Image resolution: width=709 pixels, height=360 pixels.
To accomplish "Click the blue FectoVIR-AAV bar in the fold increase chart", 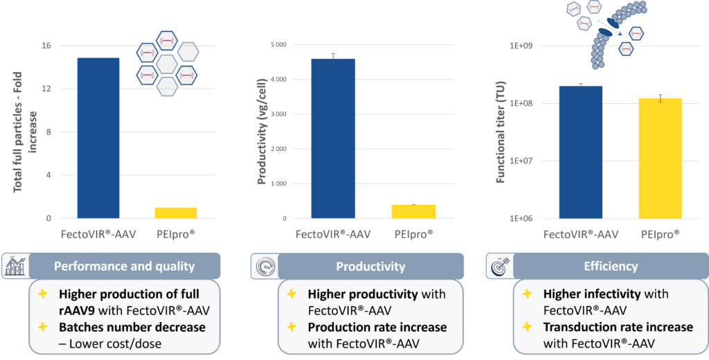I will [x=98, y=138].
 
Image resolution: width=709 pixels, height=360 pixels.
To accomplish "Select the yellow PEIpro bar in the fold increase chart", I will [x=174, y=213].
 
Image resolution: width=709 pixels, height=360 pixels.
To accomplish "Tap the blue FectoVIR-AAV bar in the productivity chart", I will [x=333, y=138].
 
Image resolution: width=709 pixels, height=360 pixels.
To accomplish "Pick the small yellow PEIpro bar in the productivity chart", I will [x=413, y=211].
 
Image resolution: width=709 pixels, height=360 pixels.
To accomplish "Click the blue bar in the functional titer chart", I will [x=581, y=152].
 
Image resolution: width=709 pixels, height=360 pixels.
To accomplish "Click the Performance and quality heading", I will [x=125, y=266].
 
